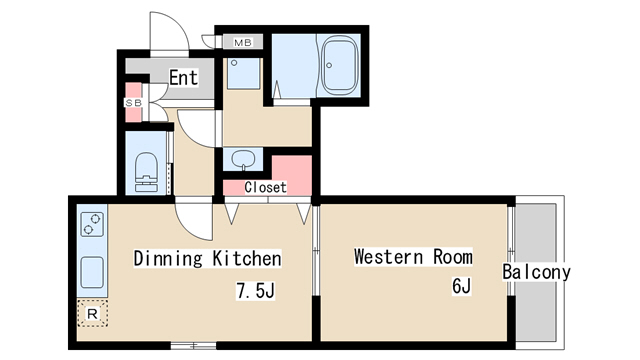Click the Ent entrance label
[x=183, y=78]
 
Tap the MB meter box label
[x=242, y=42]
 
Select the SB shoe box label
[x=133, y=103]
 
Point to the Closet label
[x=265, y=187]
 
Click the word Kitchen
[x=247, y=258]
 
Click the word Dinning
[x=168, y=259]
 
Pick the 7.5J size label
[x=256, y=291]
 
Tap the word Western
[x=388, y=257]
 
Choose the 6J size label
[x=462, y=286]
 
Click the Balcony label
[x=536, y=272]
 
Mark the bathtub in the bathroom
[x=340, y=65]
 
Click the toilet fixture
[x=146, y=172]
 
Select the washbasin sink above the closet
[x=243, y=159]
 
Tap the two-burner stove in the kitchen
[x=92, y=224]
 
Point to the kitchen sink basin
[x=92, y=272]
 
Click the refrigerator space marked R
[x=93, y=313]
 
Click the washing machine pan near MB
[x=244, y=73]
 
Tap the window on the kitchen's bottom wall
[x=193, y=346]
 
